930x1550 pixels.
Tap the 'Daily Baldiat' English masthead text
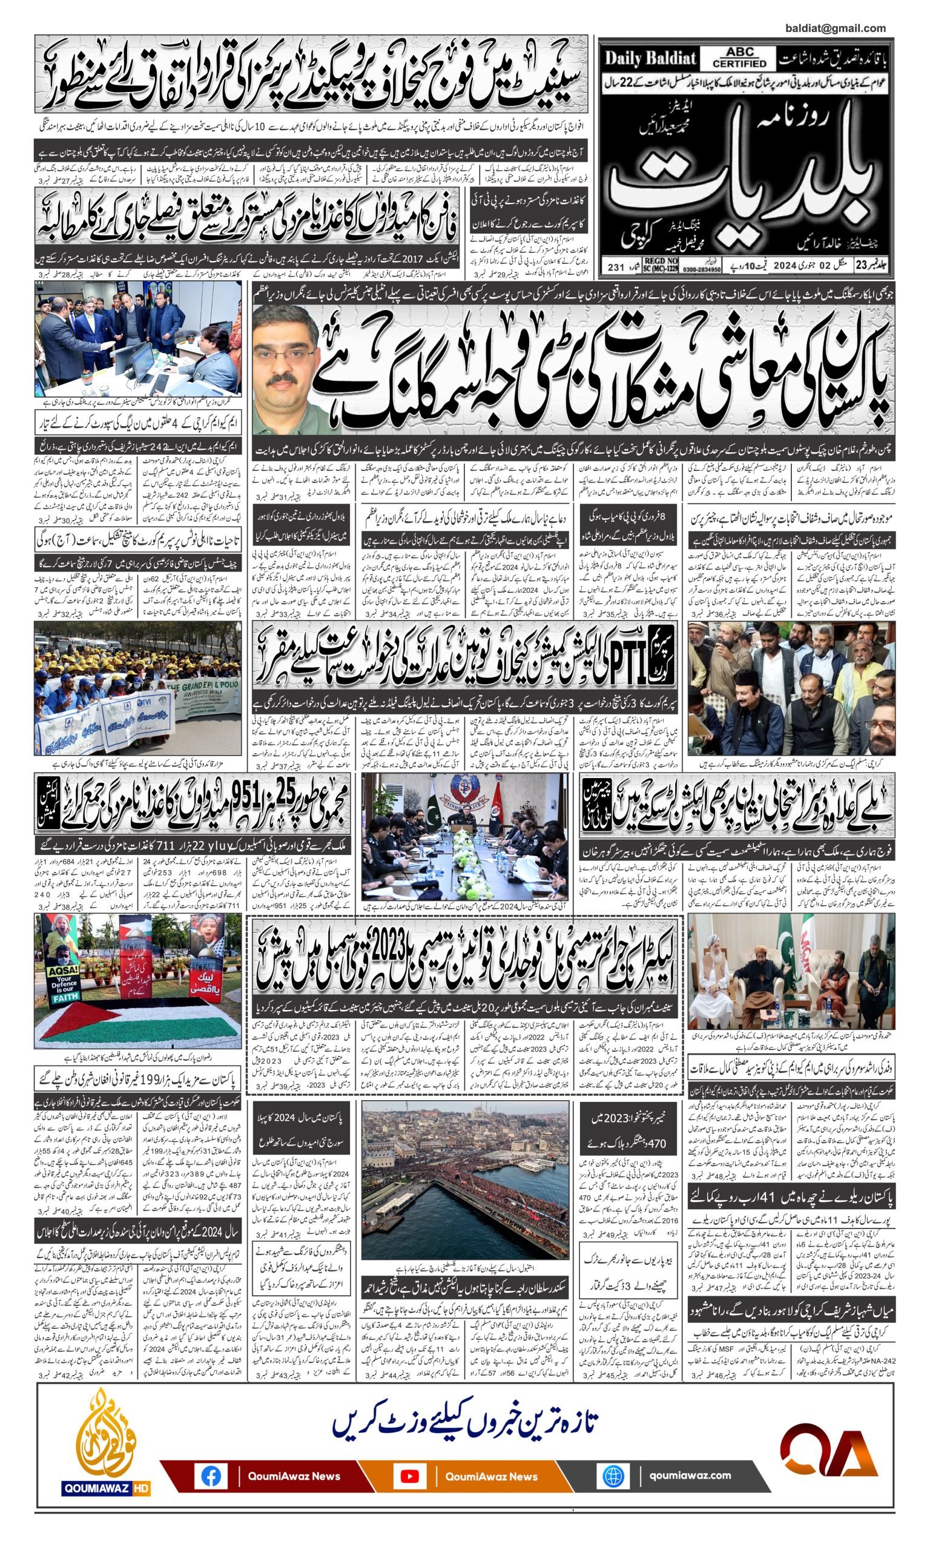650,59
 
